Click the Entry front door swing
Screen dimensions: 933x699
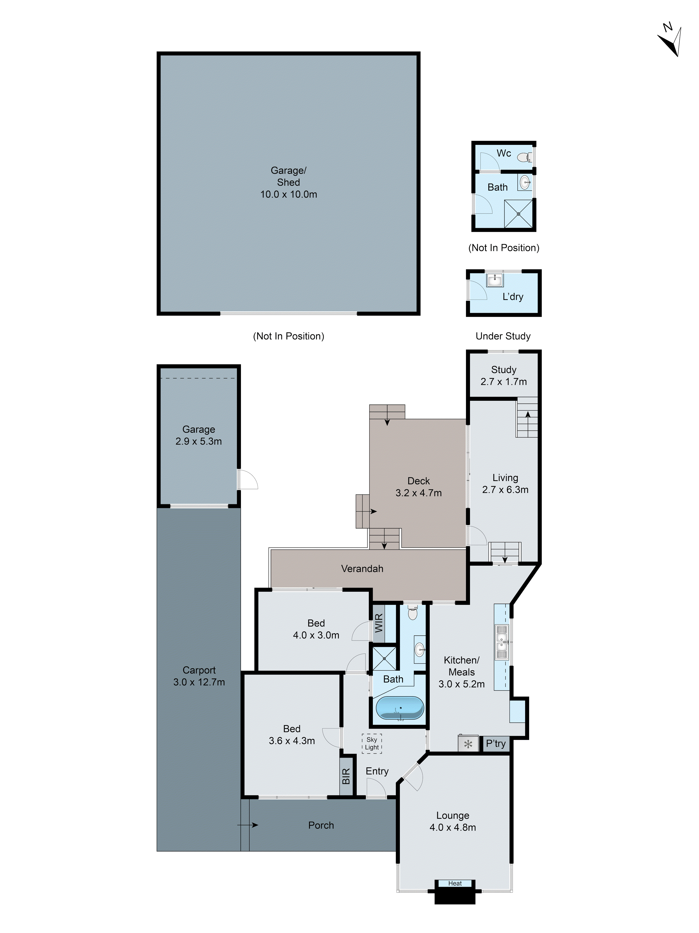(376, 788)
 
